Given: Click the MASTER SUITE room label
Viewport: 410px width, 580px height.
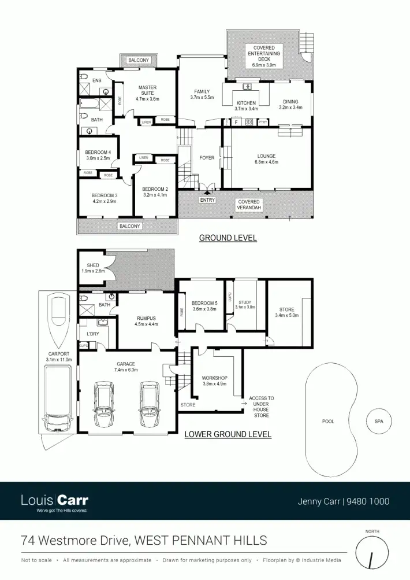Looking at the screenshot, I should (x=147, y=91).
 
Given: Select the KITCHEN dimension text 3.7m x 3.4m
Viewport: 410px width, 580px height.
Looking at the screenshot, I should (x=246, y=109).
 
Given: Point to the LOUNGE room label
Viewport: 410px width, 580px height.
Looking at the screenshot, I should (x=266, y=156).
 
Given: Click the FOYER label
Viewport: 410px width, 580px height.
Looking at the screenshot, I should (x=207, y=157).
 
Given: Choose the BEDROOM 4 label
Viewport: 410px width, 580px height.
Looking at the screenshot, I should (x=98, y=152).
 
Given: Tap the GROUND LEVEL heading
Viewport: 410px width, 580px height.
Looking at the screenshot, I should (x=228, y=238).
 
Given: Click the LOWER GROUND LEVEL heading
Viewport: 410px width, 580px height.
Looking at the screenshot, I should (x=228, y=434).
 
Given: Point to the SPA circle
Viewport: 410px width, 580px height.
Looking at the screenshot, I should (x=379, y=422).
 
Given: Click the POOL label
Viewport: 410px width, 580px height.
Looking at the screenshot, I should (x=328, y=422).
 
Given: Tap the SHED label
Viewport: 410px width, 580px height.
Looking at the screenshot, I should (x=93, y=265).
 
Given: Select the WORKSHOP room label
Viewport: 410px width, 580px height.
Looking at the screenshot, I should (x=215, y=378).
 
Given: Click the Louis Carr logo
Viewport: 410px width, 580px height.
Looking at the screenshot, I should (x=54, y=501).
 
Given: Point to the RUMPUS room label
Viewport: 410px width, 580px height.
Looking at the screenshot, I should (x=146, y=318).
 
